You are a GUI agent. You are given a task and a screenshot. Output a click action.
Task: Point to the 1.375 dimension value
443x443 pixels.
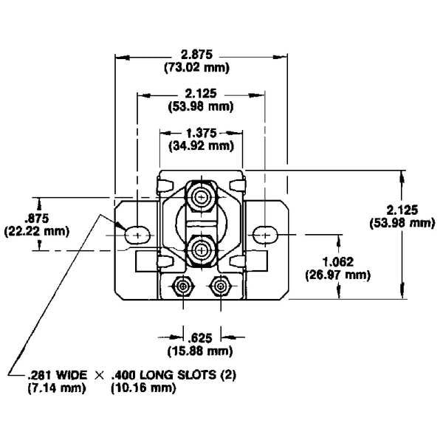[x=201, y=132]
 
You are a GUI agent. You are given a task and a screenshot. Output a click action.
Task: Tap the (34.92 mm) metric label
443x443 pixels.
[x=201, y=145]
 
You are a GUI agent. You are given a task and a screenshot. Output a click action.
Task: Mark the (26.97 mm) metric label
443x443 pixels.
[x=337, y=275]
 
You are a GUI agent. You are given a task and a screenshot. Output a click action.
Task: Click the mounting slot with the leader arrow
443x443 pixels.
[x=137, y=234]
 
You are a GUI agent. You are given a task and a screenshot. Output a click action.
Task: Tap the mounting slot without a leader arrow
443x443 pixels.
[x=264, y=234]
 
